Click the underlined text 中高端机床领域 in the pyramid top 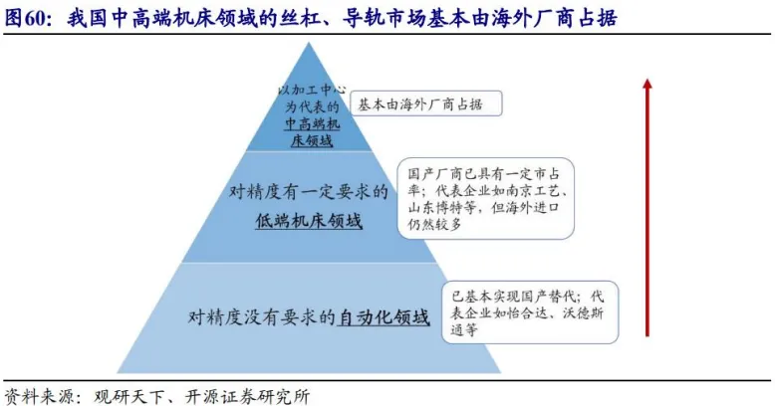pos(311,132)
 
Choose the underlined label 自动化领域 pos(385,317)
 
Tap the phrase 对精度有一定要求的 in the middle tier pos(303,191)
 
